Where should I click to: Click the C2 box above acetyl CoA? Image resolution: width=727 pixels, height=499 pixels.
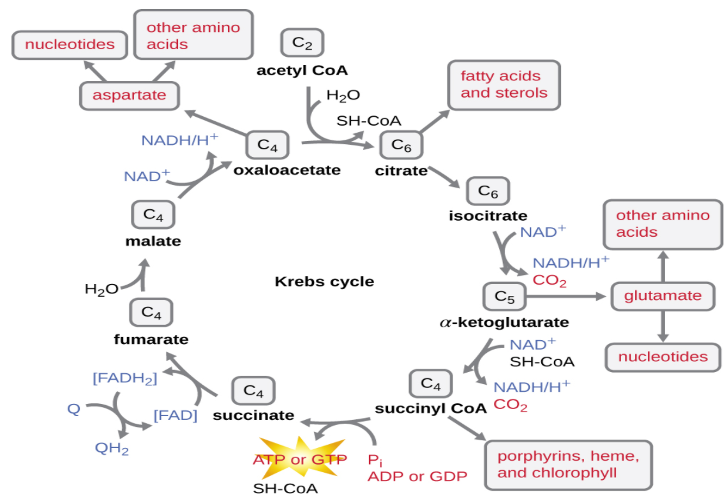[x=303, y=42]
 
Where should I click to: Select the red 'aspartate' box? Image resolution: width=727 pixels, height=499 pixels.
[x=129, y=95]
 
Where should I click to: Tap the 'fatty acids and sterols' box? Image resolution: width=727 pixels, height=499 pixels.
[x=504, y=84]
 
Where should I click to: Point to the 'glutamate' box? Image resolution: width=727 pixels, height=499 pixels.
[x=663, y=295]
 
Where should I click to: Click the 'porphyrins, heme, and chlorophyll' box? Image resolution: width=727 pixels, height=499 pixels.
[x=568, y=464]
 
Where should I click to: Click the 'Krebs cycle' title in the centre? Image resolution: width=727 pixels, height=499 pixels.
[x=324, y=281]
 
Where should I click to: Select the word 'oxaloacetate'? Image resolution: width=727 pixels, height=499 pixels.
[x=287, y=170]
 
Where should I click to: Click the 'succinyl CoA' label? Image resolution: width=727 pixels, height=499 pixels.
[x=431, y=408]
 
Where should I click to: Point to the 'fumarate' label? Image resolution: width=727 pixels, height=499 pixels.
[x=151, y=339]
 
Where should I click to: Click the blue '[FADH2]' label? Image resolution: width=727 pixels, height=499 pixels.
[x=125, y=378]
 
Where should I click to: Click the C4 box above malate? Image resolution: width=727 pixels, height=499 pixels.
[x=153, y=214]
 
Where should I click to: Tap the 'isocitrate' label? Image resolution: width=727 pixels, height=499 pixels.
[x=488, y=216]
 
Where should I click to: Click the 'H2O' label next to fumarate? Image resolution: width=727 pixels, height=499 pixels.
[x=101, y=289]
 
